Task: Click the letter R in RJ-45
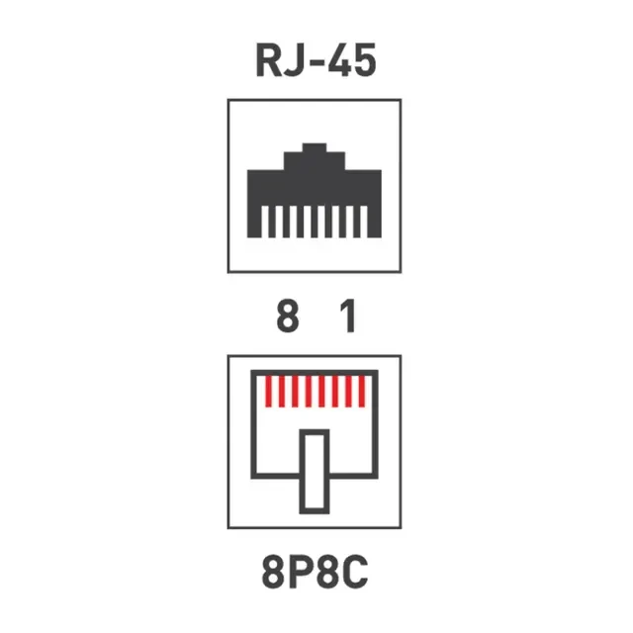click(269, 60)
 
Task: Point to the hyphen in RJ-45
click(315, 64)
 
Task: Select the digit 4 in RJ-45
click(338, 60)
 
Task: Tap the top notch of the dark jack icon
click(315, 147)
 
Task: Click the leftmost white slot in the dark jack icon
click(265, 222)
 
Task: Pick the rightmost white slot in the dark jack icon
click(363, 222)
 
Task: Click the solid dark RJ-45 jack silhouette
click(315, 190)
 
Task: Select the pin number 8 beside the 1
click(288, 316)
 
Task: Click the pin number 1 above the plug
click(348, 316)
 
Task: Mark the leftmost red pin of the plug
click(268, 392)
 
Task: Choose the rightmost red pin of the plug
click(362, 392)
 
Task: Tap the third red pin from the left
click(295, 392)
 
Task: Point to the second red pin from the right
click(348, 392)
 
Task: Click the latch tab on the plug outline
click(315, 472)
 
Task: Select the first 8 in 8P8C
click(273, 572)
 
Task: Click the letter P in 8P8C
click(299, 572)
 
